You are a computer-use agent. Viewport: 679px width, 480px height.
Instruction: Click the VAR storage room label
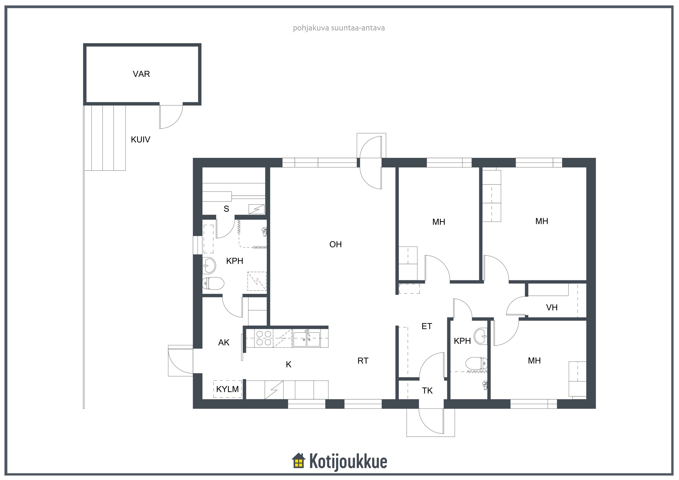coord(141,74)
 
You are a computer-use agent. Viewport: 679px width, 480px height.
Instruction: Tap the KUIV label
coord(141,140)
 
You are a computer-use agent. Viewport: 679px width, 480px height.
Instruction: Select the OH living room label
coord(335,244)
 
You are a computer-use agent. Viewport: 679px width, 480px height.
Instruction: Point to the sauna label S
coord(226,209)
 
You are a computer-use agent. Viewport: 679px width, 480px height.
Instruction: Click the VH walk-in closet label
coord(551,308)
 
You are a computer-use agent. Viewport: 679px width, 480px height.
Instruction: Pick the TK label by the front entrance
coord(427,391)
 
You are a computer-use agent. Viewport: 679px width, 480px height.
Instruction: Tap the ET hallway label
coord(426,326)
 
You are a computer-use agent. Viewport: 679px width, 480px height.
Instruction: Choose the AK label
coord(224,342)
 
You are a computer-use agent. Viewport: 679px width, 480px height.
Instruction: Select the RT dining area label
coord(363,361)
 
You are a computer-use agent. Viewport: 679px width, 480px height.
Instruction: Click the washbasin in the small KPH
coord(481,336)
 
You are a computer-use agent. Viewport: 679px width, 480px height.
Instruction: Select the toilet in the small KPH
coord(476,363)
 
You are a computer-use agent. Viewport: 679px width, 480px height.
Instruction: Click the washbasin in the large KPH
coord(209,265)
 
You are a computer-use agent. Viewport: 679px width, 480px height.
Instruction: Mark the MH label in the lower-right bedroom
coord(534,361)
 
